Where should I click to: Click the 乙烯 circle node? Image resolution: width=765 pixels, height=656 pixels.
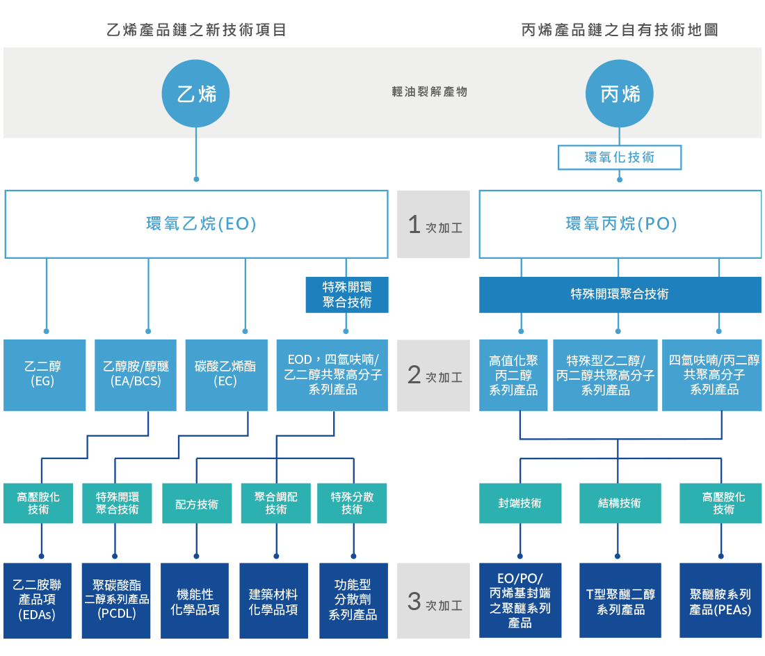coord(196,94)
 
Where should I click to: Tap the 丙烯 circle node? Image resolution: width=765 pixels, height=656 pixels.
coord(620,94)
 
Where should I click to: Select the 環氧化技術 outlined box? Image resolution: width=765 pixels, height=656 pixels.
coord(620,157)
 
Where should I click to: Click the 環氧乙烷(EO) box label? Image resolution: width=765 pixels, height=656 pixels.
coord(196,224)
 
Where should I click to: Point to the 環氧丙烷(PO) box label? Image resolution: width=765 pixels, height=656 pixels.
coord(620,224)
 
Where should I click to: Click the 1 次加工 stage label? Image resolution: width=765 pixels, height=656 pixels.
coord(434,225)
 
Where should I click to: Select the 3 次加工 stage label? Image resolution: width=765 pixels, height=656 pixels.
coord(434,602)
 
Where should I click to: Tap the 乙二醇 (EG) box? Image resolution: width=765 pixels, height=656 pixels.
coord(45,374)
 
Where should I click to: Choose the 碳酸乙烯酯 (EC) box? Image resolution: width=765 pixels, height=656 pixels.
coord(226,374)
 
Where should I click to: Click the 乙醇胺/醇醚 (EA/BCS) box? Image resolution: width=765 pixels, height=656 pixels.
coord(136,374)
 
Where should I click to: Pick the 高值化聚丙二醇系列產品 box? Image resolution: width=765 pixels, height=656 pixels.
coord(513,375)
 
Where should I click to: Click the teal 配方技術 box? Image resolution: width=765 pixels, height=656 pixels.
coord(197,504)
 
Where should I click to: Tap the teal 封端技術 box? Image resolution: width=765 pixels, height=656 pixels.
coord(520,503)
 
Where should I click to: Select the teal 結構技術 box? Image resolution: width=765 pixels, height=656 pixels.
coord(620,503)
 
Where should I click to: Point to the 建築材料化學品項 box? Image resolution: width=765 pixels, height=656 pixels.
coord(273,601)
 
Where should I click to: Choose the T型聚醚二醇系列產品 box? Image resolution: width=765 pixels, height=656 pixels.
coord(620,601)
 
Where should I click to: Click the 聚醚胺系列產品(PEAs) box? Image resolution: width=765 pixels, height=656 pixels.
coord(720,601)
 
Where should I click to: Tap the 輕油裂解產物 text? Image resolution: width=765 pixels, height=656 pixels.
coord(430,92)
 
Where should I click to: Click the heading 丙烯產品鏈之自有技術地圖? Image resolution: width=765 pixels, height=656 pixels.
coord(620,30)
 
